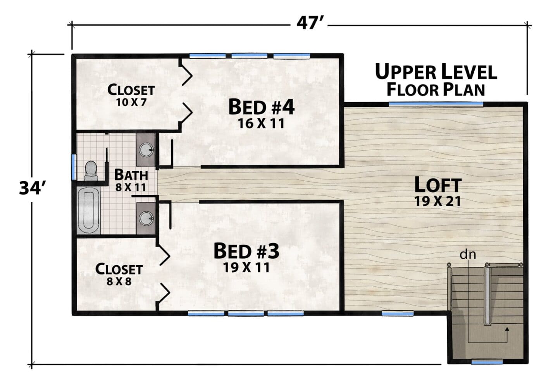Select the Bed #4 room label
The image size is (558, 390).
pyautogui.click(x=261, y=107)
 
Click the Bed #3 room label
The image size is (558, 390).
pyautogui.click(x=246, y=251)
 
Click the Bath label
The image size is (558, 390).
pyautogui.click(x=131, y=175)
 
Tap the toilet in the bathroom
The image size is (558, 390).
pyautogui.click(x=90, y=170)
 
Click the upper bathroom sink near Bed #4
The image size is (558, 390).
pyautogui.click(x=146, y=149)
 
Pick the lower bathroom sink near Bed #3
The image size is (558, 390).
pyautogui.click(x=146, y=218)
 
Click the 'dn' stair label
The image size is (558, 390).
pyautogui.click(x=468, y=254)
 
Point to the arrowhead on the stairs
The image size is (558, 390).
pyautogui.click(x=507, y=329)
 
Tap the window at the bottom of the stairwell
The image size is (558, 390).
pyautogui.click(x=487, y=362)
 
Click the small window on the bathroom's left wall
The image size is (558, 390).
pyautogui.click(x=74, y=167)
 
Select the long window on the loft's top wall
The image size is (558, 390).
pyautogui.click(x=436, y=104)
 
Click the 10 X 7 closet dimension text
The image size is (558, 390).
pyautogui.click(x=131, y=102)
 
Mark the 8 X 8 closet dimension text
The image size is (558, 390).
pyautogui.click(x=119, y=282)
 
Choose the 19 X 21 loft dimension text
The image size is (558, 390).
pyautogui.click(x=438, y=201)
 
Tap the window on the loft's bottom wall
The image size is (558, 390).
pyautogui.click(x=398, y=313)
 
